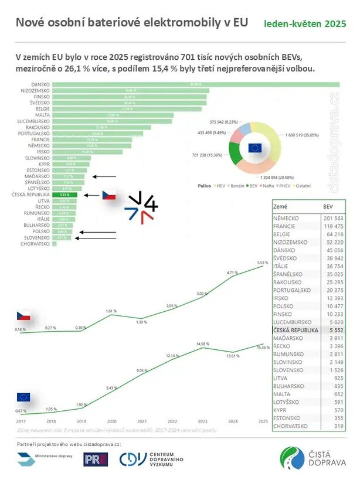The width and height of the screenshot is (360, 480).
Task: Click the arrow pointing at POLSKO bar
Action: (97, 232)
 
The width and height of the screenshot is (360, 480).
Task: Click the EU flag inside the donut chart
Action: (254, 148)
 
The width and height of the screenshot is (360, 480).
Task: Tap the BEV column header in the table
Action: (328, 207)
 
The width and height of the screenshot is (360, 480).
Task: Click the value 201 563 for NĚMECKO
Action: (334, 218)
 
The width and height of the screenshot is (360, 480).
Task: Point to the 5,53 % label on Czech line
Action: (262, 263)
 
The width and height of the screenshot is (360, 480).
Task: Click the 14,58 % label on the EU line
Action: (203, 343)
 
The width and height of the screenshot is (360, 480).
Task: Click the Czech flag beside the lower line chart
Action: (23, 316)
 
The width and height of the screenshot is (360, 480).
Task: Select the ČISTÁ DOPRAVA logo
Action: (313, 458)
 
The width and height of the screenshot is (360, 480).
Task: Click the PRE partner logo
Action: (96, 459)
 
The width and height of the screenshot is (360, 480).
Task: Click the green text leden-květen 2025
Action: (304, 24)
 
